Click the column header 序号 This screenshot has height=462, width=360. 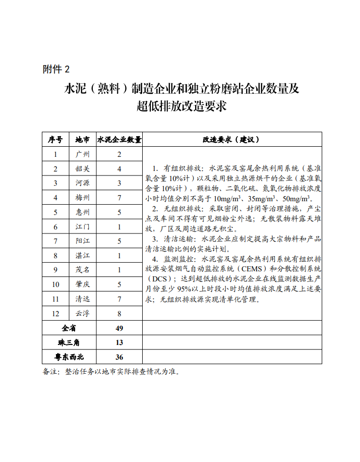click(x=55, y=140)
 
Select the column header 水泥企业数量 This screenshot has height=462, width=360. click(x=119, y=140)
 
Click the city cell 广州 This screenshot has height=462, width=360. click(x=82, y=154)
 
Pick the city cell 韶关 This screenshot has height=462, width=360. click(x=82, y=169)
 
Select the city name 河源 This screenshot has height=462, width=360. click(x=82, y=183)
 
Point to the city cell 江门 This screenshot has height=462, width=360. click(x=82, y=227)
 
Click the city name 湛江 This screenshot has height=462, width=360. click(x=82, y=256)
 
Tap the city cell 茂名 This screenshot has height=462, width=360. click(x=82, y=270)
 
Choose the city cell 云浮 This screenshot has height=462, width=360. click(x=82, y=314)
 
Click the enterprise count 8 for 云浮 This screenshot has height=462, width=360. click(x=119, y=314)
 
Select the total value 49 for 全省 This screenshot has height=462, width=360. click(x=119, y=328)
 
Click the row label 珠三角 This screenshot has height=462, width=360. click(x=69, y=342)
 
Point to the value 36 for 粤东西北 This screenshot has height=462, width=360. click(x=119, y=357)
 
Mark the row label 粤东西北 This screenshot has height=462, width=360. click(x=69, y=357)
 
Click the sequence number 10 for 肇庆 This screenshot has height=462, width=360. click(x=55, y=284)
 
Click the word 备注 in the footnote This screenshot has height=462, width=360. click(x=51, y=372)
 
